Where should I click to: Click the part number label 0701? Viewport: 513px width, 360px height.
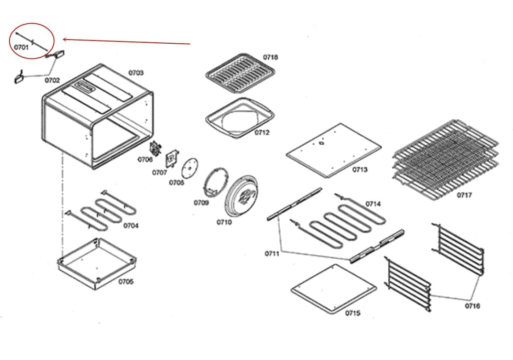[21, 47]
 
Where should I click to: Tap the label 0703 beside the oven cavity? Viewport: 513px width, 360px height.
[136, 73]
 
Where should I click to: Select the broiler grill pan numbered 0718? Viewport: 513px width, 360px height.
[239, 74]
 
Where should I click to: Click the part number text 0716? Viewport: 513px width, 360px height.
[472, 306]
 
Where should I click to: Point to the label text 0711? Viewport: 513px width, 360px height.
[271, 253]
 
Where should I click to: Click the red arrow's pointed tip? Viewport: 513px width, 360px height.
[63, 39]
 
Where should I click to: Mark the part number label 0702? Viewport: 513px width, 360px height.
[52, 80]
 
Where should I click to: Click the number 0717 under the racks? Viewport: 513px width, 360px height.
[464, 195]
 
